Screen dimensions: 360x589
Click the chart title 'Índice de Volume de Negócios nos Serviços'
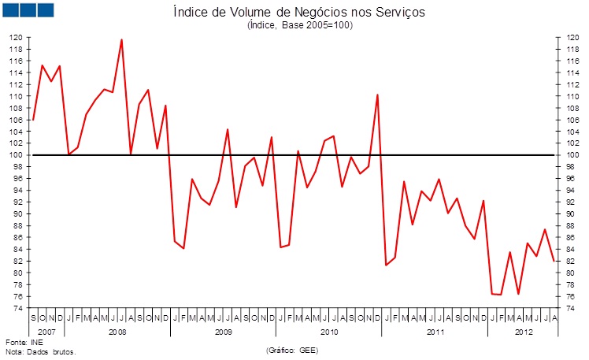coord(300,12)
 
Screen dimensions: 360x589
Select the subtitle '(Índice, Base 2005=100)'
coord(300,25)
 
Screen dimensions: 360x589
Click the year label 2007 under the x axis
coord(46,332)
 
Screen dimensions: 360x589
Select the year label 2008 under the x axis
coord(117,332)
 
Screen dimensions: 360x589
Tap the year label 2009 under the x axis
coord(224,332)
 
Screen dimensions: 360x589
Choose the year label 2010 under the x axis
coord(329,332)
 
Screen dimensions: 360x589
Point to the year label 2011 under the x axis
coord(435,332)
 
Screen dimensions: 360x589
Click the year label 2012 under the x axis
coord(523,332)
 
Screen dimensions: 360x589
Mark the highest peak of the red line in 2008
coord(121,39)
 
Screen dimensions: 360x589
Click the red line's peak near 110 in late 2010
coord(378,95)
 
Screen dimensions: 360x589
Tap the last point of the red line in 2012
coord(554,261)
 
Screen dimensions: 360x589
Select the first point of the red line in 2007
coord(33,120)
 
